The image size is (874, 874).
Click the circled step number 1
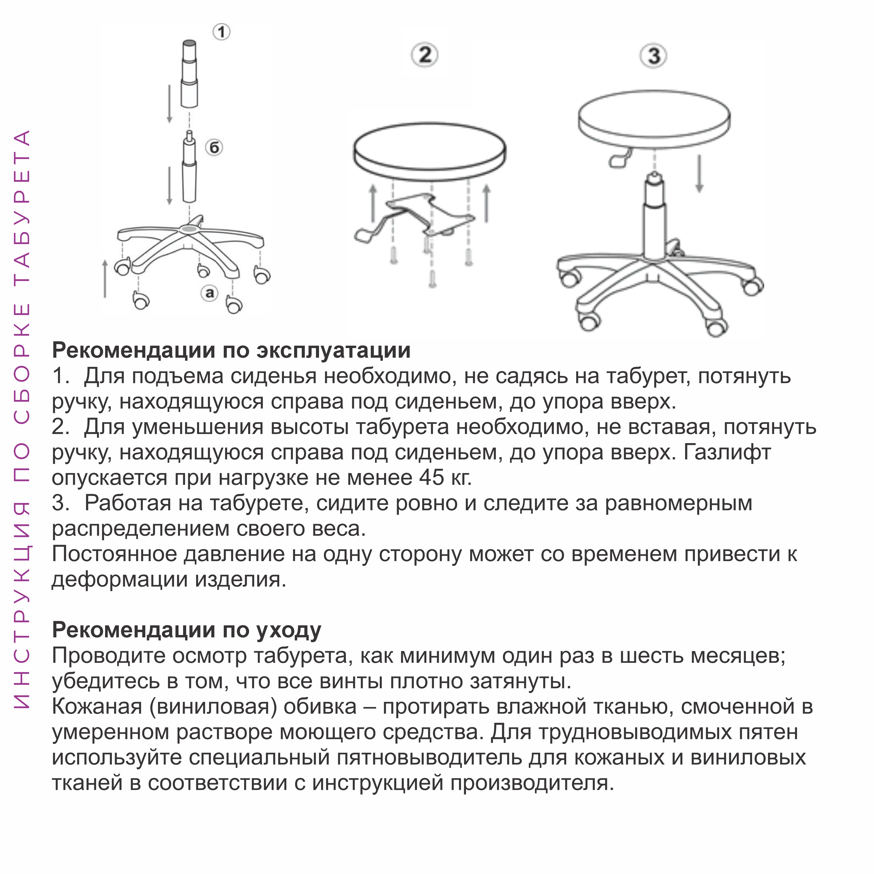click(221, 32)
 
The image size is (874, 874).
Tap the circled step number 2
click(424, 56)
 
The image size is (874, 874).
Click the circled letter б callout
click(214, 147)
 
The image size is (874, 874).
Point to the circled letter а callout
click(209, 293)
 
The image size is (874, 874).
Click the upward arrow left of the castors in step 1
click(105, 278)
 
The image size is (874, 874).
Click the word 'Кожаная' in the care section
click(97, 706)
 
